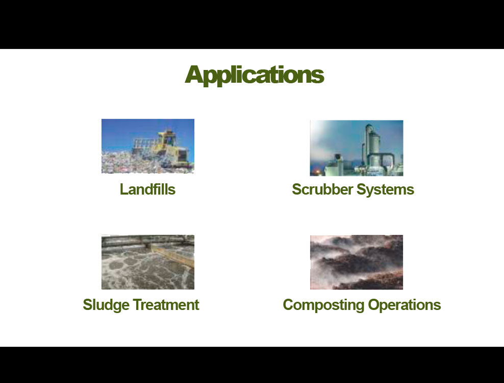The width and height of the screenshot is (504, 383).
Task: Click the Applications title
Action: [254, 75]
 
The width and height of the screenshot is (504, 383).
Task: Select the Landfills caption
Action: [147, 189]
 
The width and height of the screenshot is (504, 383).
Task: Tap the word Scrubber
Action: [322, 189]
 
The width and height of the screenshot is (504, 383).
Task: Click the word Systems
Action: [385, 190]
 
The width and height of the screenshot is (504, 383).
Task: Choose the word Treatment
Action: [166, 305]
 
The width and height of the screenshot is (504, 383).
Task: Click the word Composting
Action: [323, 305]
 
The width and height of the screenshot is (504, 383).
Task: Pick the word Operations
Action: [405, 305]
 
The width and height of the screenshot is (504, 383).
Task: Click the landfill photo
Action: [148, 146]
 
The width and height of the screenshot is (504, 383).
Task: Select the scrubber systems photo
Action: [357, 148]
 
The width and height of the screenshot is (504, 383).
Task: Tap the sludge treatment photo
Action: [148, 262]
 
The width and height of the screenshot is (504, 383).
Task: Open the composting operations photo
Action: [357, 262]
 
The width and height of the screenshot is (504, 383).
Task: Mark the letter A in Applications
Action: [194, 75]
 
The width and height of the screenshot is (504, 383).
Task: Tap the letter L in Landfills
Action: [123, 189]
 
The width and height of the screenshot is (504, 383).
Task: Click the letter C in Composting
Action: [289, 305]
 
